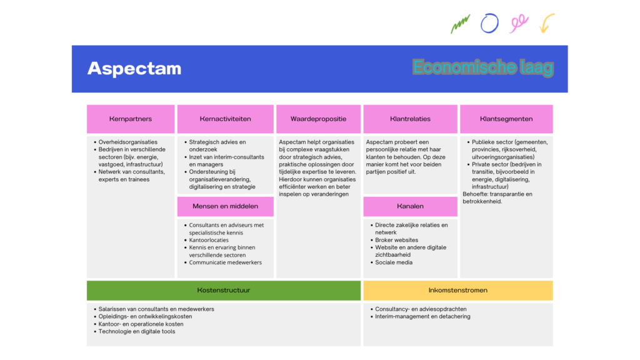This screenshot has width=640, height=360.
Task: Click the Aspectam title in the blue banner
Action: tap(134, 68)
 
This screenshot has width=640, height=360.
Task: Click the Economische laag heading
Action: tap(482, 67)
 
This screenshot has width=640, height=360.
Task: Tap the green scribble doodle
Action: tap(460, 24)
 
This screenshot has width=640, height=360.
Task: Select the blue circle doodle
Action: tap(489, 24)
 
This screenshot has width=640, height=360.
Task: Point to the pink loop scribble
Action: tap(519, 24)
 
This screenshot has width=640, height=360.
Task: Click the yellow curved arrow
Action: tap(547, 23)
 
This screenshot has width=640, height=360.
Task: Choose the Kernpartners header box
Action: tap(131, 119)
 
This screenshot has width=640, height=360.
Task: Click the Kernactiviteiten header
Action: tap(225, 119)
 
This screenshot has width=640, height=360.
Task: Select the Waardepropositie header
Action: tap(318, 119)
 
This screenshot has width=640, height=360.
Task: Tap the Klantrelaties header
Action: tap(410, 119)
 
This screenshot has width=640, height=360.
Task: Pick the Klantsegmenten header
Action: tap(506, 119)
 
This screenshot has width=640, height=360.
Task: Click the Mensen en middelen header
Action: tap(225, 206)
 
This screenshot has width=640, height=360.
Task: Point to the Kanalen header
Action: tap(410, 206)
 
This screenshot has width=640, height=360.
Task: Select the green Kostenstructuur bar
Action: tap(224, 290)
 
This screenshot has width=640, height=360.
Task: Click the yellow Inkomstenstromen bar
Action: tap(457, 290)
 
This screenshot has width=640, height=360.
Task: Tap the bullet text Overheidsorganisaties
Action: tap(128, 142)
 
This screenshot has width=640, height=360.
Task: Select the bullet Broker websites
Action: tap(397, 240)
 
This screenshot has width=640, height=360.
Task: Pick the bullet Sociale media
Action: tap(394, 262)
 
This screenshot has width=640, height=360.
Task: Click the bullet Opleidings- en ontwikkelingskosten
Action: tap(146, 317)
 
